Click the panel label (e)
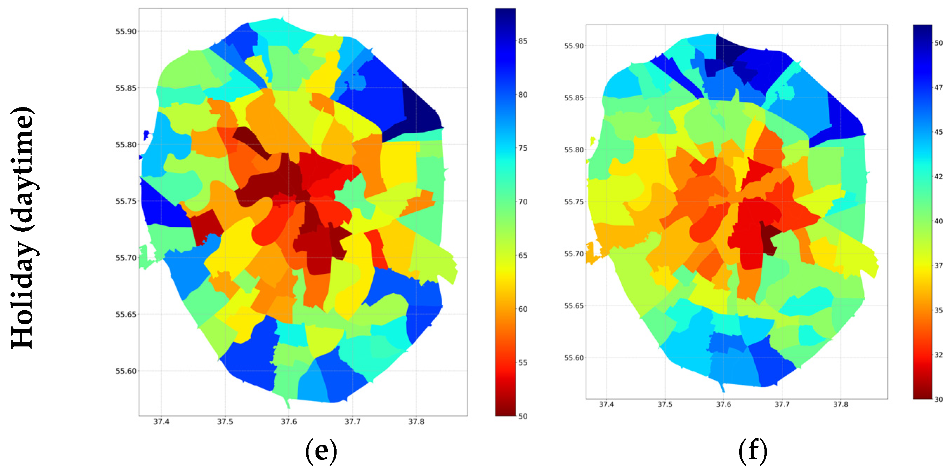pyautogui.click(x=321, y=451)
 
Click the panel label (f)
pyautogui.click(x=753, y=451)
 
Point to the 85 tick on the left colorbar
pyautogui.click(x=522, y=41)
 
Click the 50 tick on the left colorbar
pyautogui.click(x=522, y=416)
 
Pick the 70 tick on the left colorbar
pyautogui.click(x=522, y=202)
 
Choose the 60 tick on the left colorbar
pyautogui.click(x=522, y=309)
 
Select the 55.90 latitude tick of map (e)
pyautogui.click(x=126, y=31)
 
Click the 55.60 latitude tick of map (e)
pyautogui.click(x=126, y=371)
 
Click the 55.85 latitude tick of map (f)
pyautogui.click(x=574, y=98)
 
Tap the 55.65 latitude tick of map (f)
pyautogui.click(x=574, y=306)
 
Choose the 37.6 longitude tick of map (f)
pyautogui.click(x=723, y=404)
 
